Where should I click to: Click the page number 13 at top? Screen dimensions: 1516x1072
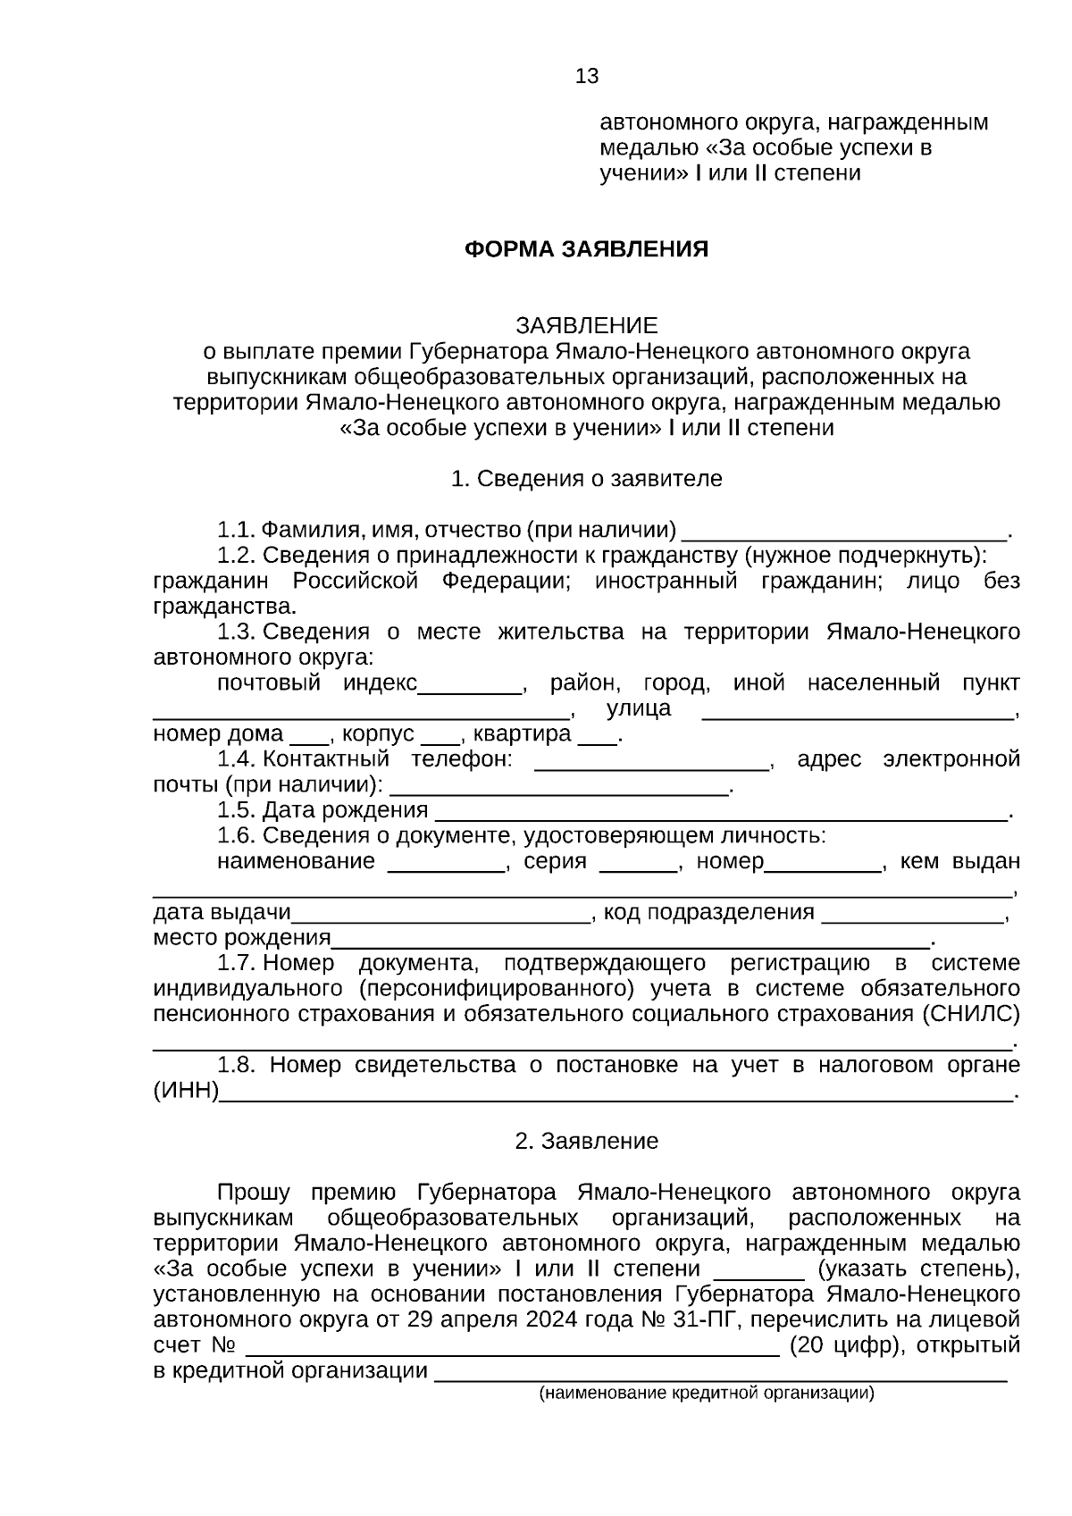(x=587, y=77)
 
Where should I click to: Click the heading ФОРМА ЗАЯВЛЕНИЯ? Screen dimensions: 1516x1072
(x=586, y=249)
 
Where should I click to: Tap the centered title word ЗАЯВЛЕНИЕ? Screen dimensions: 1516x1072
(x=586, y=325)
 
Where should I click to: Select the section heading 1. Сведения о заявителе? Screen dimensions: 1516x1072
(x=586, y=479)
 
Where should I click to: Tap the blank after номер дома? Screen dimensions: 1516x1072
(x=310, y=739)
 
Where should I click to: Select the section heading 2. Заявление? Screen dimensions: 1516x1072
(x=586, y=1142)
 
